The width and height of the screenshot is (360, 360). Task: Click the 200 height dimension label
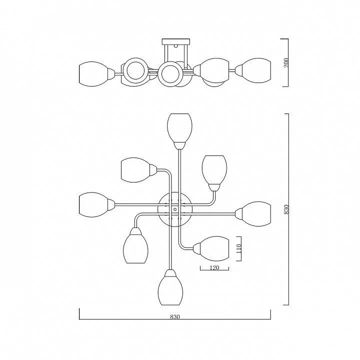tap(286, 62)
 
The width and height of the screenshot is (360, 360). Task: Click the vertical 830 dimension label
tap(286, 209)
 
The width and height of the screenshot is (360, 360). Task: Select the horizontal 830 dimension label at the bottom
tap(175, 317)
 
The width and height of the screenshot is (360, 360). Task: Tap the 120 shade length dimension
tap(214, 267)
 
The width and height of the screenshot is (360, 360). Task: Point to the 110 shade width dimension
tap(239, 248)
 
